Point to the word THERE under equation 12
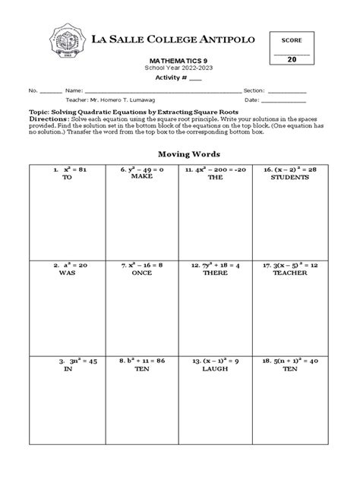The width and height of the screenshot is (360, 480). click(x=215, y=274)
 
